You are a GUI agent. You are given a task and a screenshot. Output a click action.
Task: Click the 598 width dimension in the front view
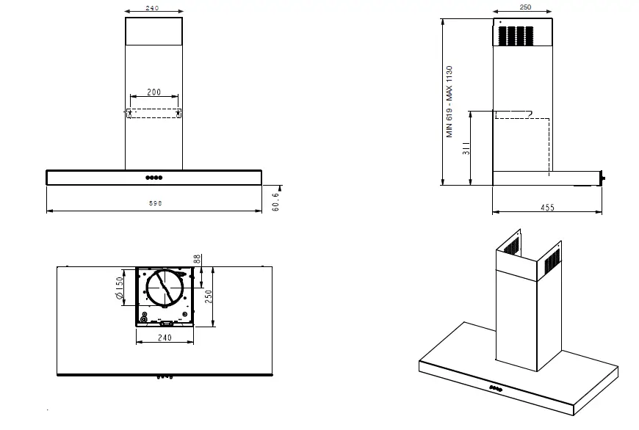pyautogui.click(x=155, y=203)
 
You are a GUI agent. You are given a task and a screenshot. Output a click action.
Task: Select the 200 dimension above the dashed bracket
pyautogui.click(x=154, y=92)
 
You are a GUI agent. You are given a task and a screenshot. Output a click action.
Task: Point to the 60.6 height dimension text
pyautogui.click(x=275, y=203)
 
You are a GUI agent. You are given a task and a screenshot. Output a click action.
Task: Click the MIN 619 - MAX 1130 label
pyautogui.click(x=450, y=102)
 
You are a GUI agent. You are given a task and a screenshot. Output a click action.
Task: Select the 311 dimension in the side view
pyautogui.click(x=465, y=149)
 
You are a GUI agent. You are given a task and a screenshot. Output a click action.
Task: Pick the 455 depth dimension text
pyautogui.click(x=547, y=208)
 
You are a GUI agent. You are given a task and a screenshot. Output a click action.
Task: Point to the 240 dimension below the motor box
pyautogui.click(x=165, y=338)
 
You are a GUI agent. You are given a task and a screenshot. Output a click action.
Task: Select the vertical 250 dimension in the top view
pyautogui.click(x=208, y=296)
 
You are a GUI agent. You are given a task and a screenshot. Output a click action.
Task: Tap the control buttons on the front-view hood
pyautogui.click(x=154, y=178)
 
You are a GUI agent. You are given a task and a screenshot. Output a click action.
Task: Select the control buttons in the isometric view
pyautogui.click(x=497, y=387)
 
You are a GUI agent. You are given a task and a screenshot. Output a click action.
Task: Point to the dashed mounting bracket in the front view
pyautogui.click(x=154, y=114)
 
